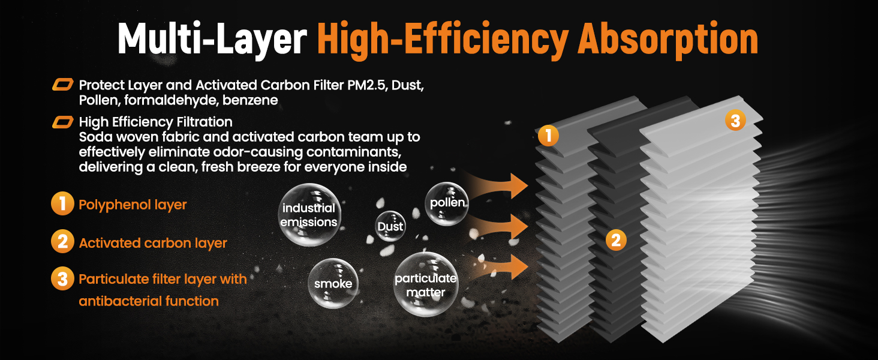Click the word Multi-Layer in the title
(212, 39)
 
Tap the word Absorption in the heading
(668, 39)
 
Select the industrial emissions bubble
(309, 215)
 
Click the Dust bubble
(390, 226)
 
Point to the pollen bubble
(447, 203)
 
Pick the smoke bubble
(333, 283)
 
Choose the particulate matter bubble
(426, 284)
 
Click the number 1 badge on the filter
(548, 136)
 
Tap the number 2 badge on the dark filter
(616, 240)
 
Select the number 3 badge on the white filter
(735, 121)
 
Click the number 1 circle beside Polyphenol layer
(63, 203)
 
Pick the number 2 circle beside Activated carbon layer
(63, 241)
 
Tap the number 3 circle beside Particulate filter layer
(63, 278)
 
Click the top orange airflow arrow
(498, 185)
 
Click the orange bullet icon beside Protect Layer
(63, 85)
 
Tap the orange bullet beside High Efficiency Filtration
(63, 122)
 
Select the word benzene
(250, 100)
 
